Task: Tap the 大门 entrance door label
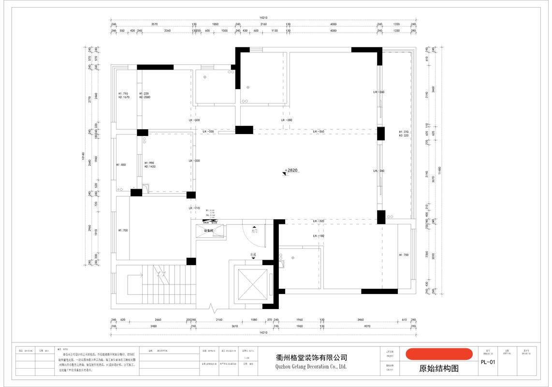tap(254, 231)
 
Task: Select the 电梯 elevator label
tap(253, 254)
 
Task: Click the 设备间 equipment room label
tap(209, 231)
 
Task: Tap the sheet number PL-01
tap(488, 362)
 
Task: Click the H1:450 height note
tap(121, 165)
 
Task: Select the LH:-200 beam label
tap(287, 120)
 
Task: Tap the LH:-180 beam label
tap(319, 236)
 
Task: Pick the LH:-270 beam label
tap(194, 208)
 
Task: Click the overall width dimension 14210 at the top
tap(263, 17)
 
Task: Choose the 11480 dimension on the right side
tap(439, 170)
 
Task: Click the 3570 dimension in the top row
tap(155, 24)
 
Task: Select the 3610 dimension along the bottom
tap(235, 327)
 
